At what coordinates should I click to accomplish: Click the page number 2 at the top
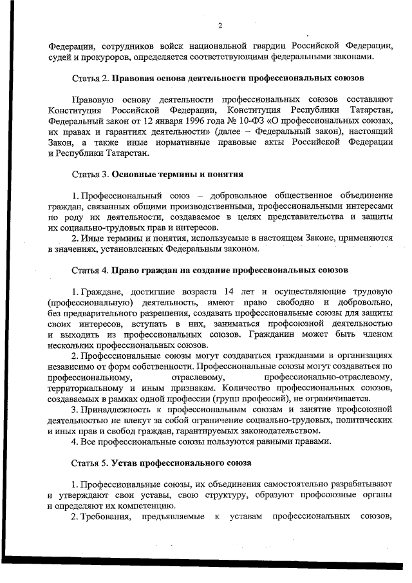220,26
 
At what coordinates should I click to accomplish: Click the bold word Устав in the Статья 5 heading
125,463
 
